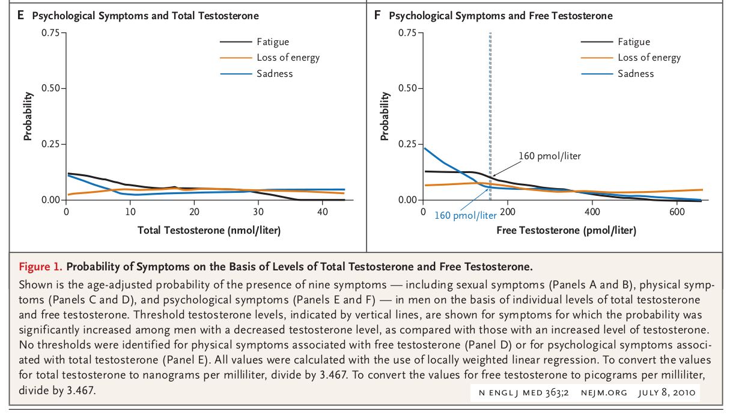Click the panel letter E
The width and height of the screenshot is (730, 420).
tap(20, 15)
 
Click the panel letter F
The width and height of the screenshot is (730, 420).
tap(377, 15)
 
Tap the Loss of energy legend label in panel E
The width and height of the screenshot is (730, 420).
tap(288, 58)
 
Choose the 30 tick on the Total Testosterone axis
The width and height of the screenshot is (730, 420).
tap(258, 212)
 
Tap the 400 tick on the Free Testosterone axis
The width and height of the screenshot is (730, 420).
tap(592, 212)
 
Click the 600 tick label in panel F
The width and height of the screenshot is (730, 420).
tap(677, 212)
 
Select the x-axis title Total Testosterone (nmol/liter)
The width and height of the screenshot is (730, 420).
tap(209, 230)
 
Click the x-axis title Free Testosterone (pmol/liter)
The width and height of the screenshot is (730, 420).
tap(567, 230)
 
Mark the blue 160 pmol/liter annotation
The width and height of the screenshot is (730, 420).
tap(466, 215)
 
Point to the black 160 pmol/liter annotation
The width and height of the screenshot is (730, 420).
tap(550, 156)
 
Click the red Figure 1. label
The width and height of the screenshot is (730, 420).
tap(40, 267)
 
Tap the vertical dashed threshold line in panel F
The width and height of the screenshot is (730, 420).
tap(490, 116)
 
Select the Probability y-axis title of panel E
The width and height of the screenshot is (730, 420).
tap(28, 117)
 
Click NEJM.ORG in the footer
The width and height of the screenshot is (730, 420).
tap(604, 392)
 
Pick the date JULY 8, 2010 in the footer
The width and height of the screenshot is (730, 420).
tap(667, 392)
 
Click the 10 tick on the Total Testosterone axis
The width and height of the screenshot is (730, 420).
tap(130, 212)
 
